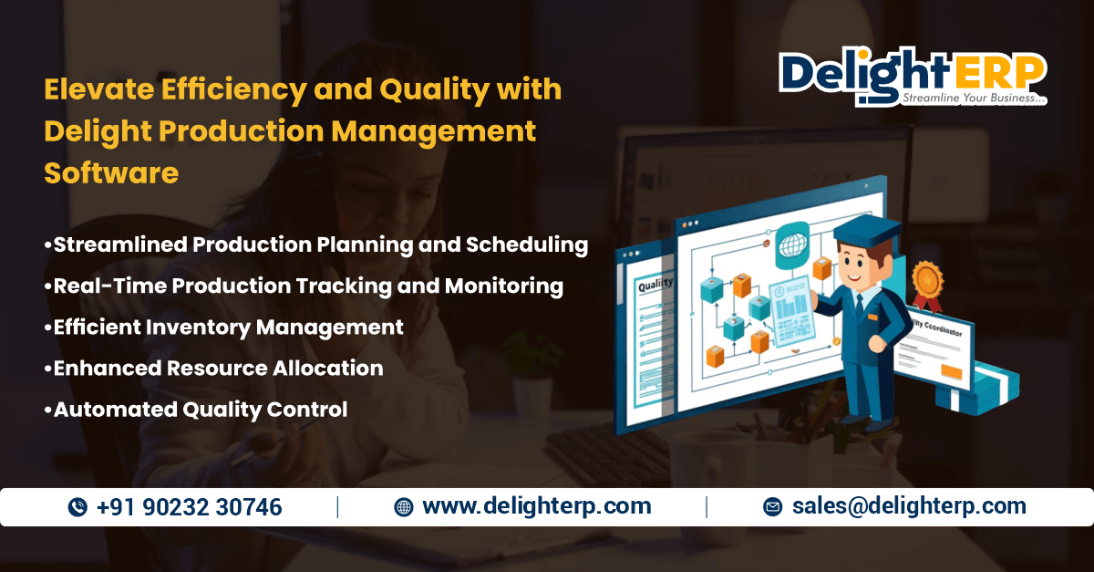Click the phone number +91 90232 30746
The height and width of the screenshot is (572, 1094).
189,507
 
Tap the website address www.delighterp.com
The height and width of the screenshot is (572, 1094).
536,506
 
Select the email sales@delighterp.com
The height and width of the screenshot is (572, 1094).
909,506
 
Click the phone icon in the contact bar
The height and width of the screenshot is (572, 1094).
77,508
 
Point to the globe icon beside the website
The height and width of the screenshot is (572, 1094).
403,507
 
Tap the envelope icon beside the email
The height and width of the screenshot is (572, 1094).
772,507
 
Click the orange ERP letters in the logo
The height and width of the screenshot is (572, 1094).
998,70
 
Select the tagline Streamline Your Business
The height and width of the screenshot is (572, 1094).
973,98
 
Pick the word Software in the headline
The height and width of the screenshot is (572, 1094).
111,172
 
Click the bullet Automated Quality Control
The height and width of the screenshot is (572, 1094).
200,410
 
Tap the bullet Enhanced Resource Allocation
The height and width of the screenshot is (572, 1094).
218,369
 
